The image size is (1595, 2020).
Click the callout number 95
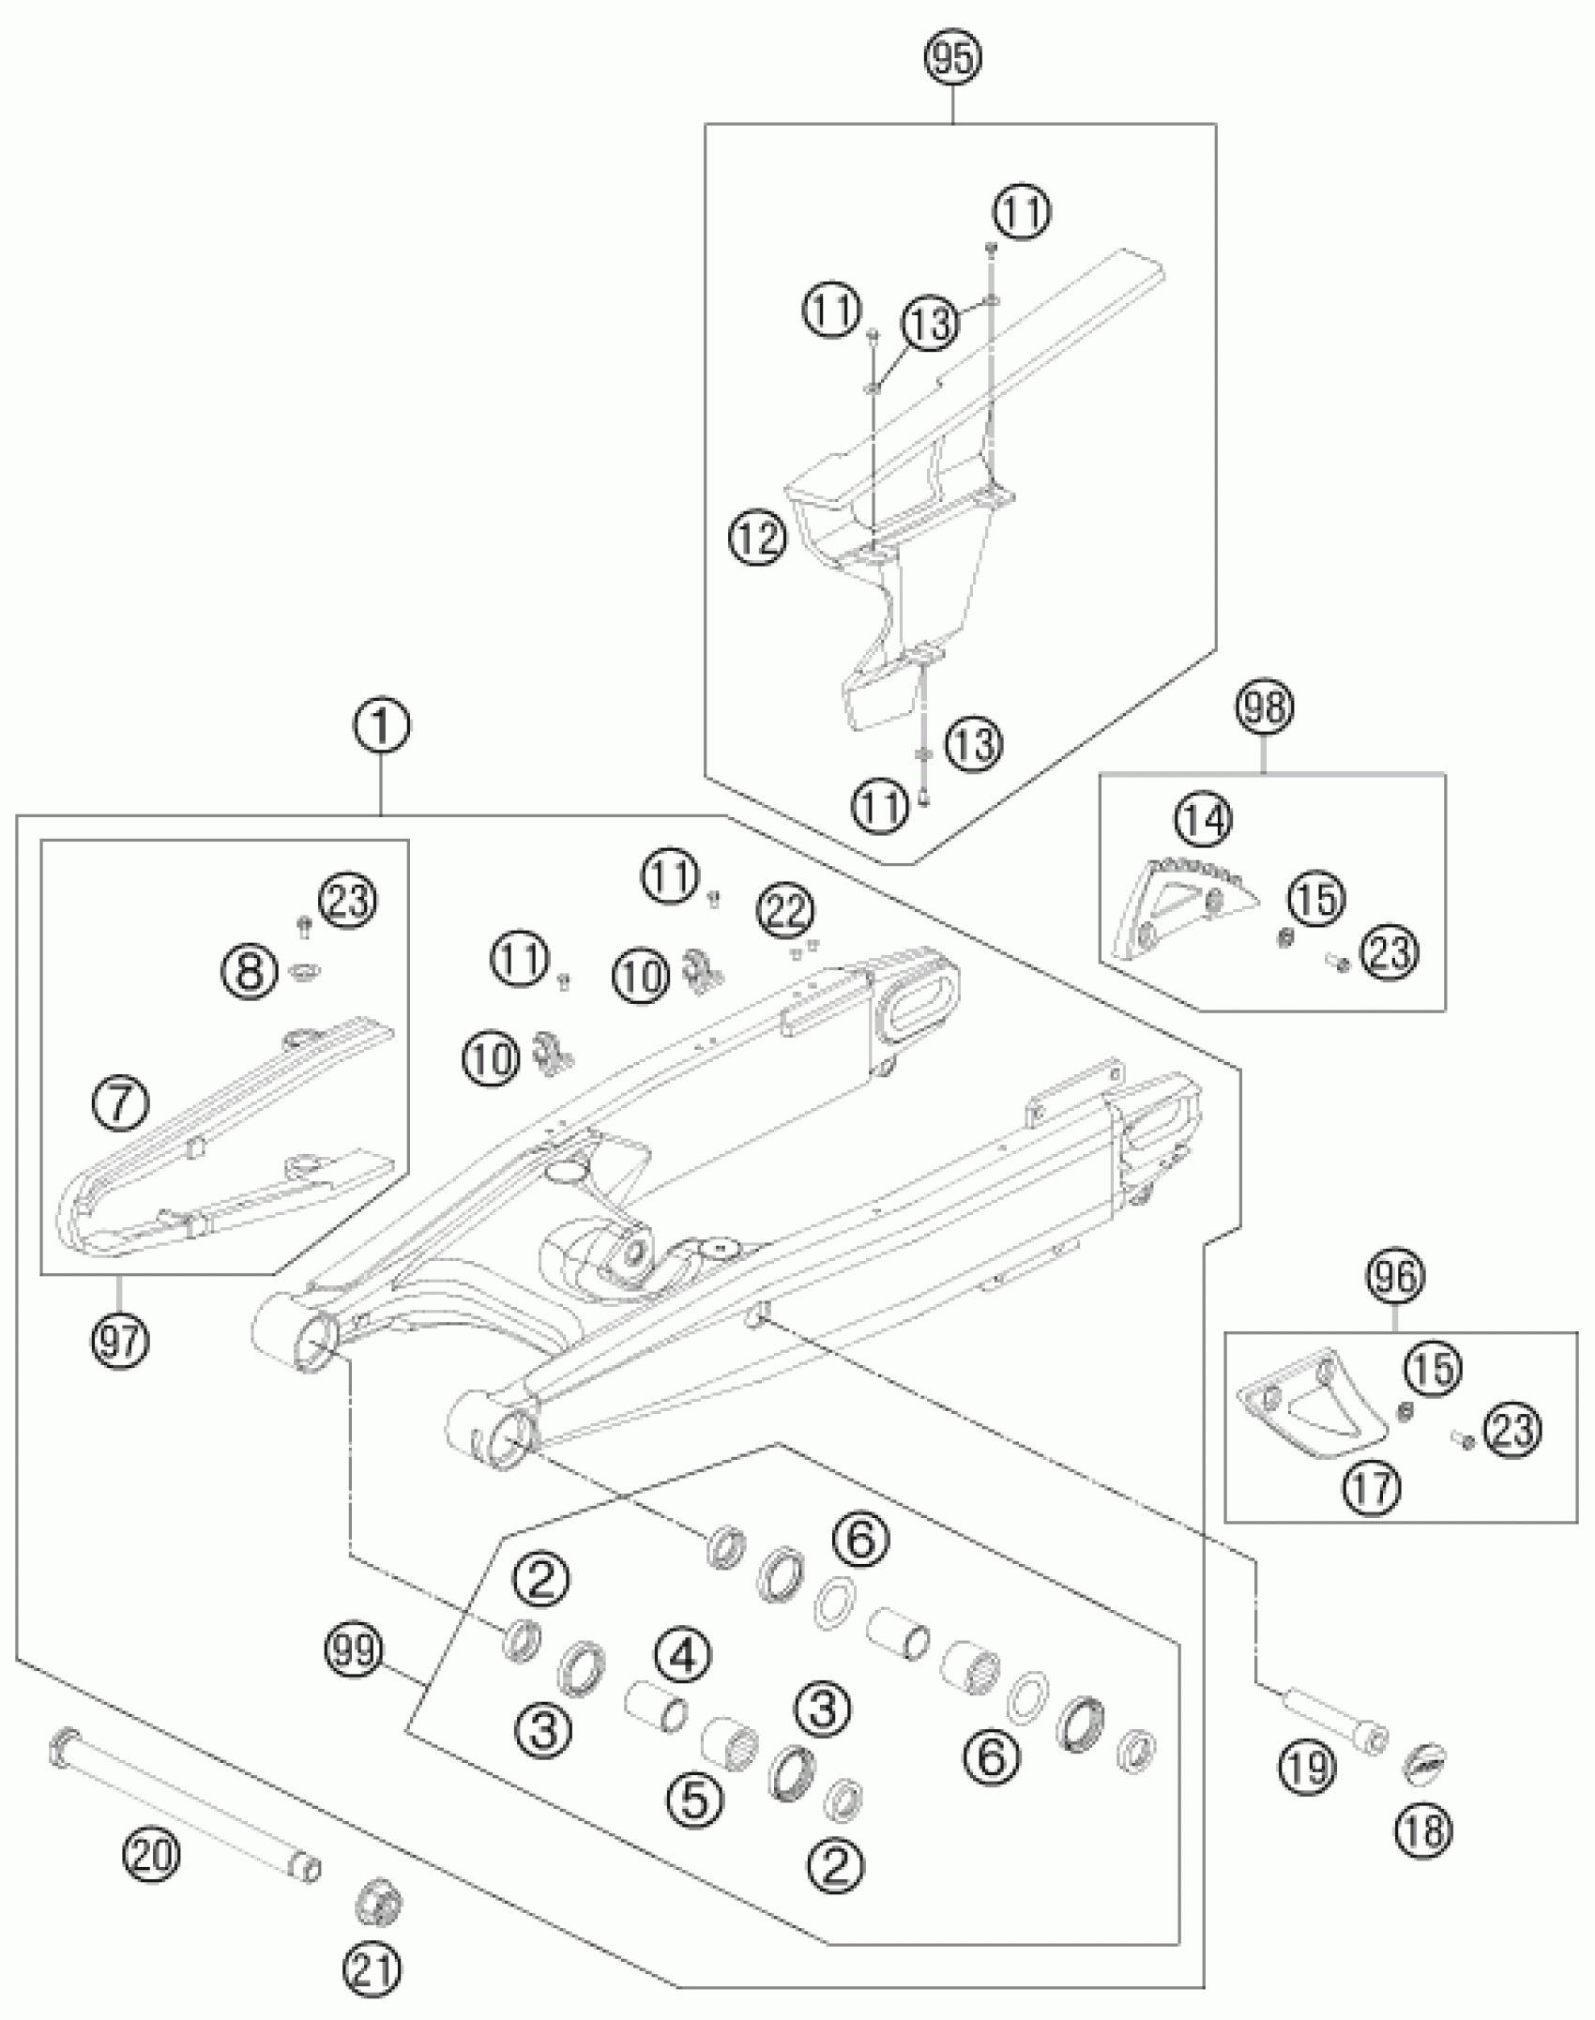pyautogui.click(x=952, y=58)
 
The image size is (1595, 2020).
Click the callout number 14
pyautogui.click(x=1204, y=821)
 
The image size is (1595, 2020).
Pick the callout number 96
pyautogui.click(x=1395, y=1276)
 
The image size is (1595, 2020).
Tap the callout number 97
pyautogui.click(x=120, y=1342)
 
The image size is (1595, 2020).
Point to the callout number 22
pyautogui.click(x=786, y=909)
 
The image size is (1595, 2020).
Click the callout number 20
pyautogui.click(x=152, y=1855)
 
